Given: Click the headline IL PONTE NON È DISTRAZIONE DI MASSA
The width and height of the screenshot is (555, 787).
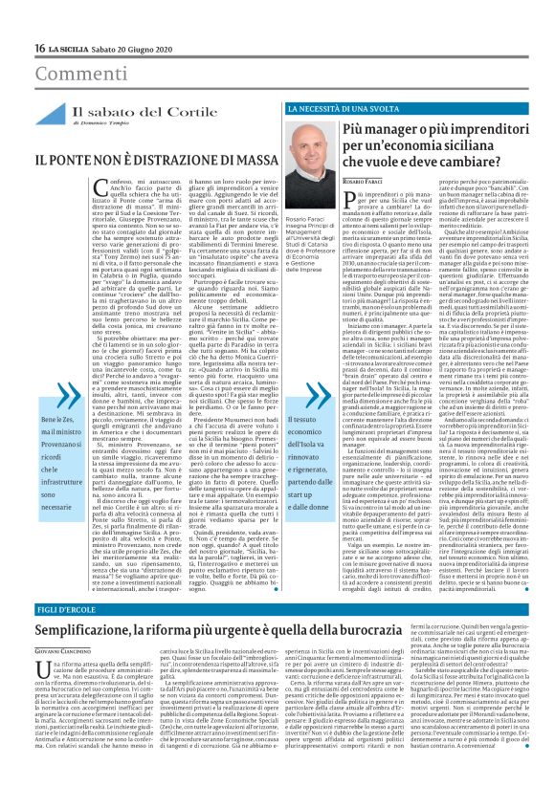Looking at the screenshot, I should point(130,155).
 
